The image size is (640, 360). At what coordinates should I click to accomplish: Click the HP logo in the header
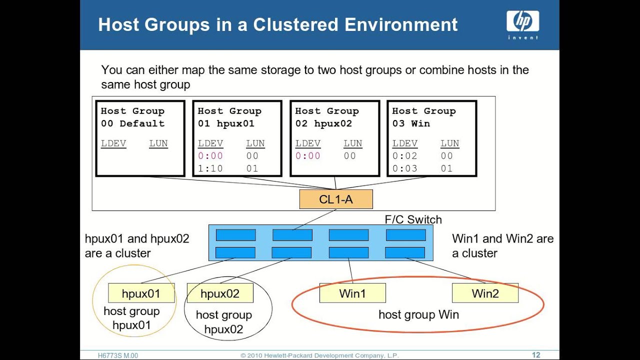522,22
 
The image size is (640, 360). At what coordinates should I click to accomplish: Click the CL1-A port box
336,199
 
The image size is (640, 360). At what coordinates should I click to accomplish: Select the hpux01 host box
141,293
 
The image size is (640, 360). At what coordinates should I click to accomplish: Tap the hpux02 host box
220,293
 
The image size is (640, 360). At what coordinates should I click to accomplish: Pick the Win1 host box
352,293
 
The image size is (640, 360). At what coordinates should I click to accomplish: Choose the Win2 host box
485,293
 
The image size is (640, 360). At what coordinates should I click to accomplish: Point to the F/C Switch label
413,219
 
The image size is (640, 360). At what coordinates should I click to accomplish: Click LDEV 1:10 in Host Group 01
210,168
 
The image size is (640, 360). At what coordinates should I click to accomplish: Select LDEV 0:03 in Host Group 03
404,168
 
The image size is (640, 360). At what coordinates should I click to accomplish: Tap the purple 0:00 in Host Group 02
307,156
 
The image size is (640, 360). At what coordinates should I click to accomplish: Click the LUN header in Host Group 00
158,143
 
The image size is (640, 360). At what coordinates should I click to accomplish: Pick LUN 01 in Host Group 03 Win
446,168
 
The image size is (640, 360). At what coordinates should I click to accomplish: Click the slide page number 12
535,355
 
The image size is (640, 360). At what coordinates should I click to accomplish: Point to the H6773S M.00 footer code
118,355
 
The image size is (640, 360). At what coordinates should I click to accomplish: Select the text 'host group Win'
418,314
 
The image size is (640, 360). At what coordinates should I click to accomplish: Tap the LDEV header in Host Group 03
404,143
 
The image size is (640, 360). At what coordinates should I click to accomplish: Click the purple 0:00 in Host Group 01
210,156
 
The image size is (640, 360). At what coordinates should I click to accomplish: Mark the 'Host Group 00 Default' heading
132,117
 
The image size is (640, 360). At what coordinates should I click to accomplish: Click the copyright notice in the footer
319,355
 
